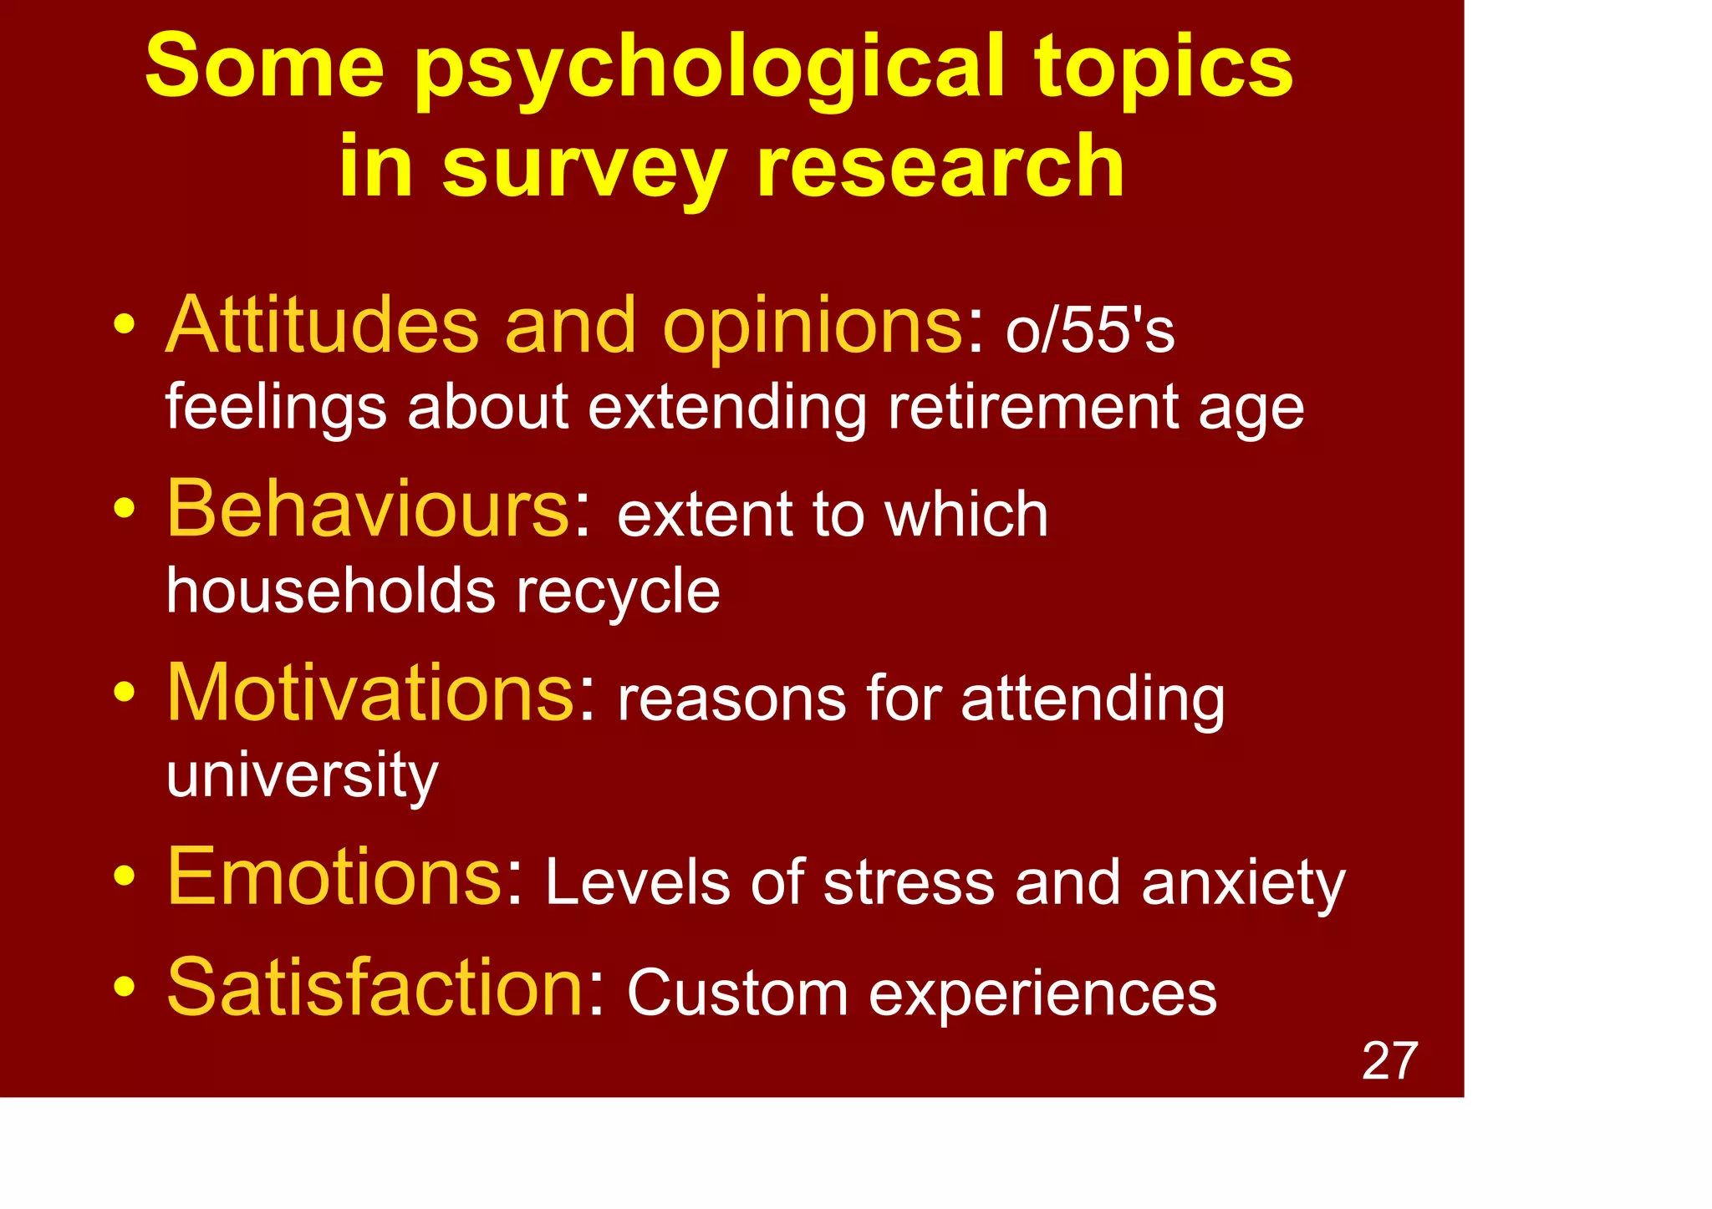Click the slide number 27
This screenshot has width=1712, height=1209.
coord(1389,1061)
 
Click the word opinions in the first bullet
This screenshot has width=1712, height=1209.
coord(813,326)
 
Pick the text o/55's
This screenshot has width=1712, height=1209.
coord(1090,330)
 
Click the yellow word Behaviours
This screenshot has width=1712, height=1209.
coord(369,509)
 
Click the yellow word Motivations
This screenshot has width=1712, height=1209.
coord(371,693)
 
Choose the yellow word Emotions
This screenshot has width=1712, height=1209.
coord(334,876)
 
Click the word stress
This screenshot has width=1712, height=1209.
coord(909,883)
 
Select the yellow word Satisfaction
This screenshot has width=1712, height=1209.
coord(374,988)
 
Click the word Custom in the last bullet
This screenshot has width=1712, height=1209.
coord(737,994)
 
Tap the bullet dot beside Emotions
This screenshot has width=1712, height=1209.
coord(125,876)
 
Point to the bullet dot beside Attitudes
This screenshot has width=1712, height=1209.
coord(125,323)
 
